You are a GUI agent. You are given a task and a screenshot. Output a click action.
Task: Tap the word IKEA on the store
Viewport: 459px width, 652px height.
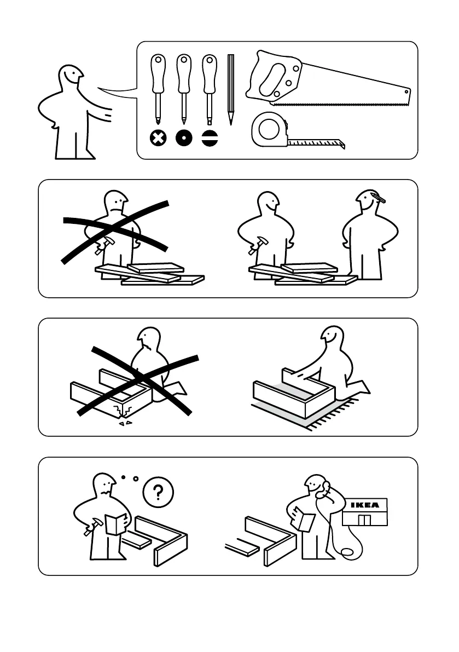pyautogui.click(x=364, y=504)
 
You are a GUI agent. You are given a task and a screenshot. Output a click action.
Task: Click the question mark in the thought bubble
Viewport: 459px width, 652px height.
pyautogui.click(x=158, y=492)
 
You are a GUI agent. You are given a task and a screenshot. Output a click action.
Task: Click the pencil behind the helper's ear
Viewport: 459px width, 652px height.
pyautogui.click(x=377, y=197)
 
